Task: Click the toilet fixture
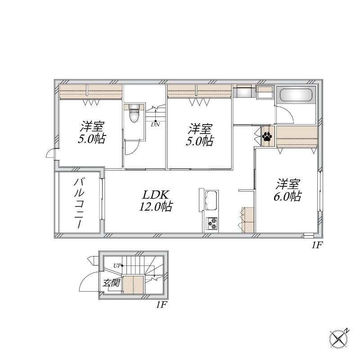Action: pos(134,113)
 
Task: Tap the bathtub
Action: pos(296,95)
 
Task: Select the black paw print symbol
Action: pos(267,136)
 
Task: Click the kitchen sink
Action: pos(211,200)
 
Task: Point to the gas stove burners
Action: pos(212,223)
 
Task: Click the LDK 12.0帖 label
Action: pos(156,201)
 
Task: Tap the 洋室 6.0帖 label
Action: pos(288,190)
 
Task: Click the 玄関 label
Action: pos(111,283)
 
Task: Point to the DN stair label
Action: pos(155,125)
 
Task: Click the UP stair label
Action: pos(117,266)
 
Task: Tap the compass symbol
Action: pos(339,338)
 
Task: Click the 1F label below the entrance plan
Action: pos(161,305)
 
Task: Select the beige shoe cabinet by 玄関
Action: pos(133,285)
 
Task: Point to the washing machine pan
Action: pos(265,92)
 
